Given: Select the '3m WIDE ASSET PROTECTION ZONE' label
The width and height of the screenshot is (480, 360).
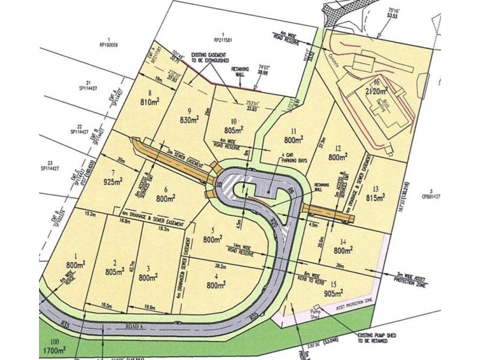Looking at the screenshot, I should tap(417, 278).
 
